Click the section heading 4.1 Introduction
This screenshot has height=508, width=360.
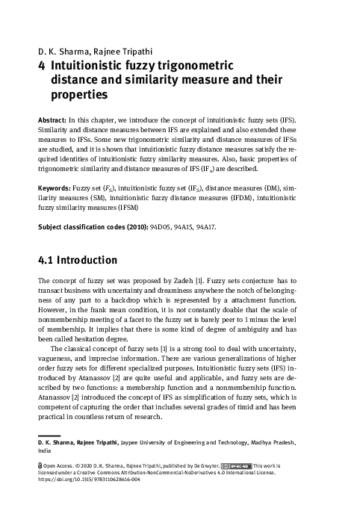(x=77, y=261)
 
